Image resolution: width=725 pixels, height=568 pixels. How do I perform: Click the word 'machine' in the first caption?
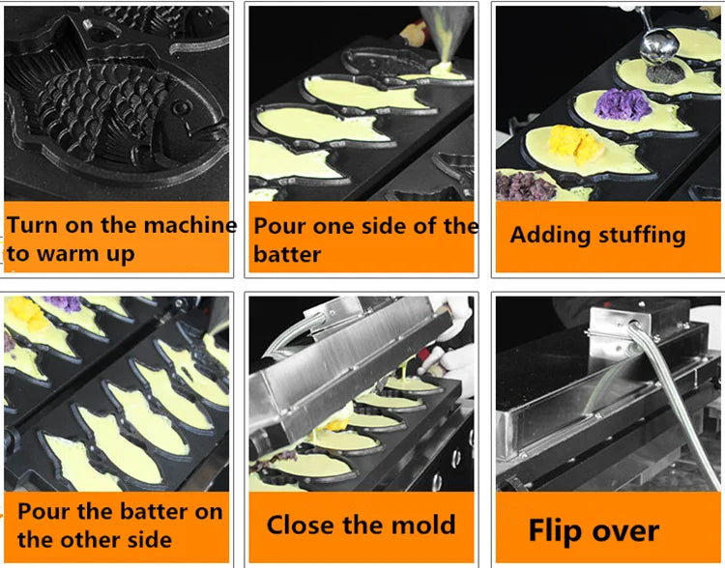tap(190, 225)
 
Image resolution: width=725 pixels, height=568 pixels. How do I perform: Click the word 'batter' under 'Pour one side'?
tap(287, 254)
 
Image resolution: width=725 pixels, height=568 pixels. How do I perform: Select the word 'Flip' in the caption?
tap(555, 531)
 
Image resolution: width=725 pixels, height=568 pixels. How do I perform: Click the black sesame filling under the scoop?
tap(665, 73)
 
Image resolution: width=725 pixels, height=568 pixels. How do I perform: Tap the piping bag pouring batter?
tap(447, 32)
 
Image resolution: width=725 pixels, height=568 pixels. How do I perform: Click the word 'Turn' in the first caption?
tap(32, 225)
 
